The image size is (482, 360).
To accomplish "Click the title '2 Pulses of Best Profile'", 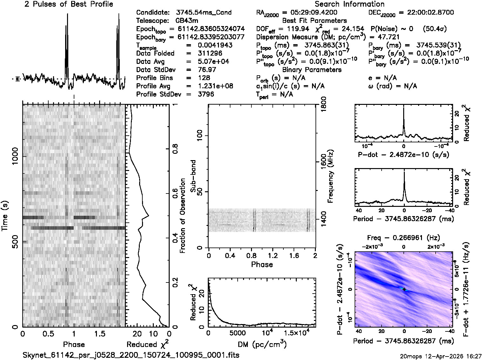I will coord(69,4).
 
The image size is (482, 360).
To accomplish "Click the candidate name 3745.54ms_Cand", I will coord(204,13).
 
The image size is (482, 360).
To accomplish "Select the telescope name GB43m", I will coord(187,21).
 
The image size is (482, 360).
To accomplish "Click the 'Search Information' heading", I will coord(350,4).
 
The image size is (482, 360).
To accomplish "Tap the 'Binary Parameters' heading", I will coord(312,70).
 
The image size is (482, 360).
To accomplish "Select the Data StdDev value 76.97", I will coord(207,70).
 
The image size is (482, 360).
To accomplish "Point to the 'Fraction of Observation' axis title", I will coord(183,216).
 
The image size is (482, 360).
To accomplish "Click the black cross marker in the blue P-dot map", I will coord(404,289).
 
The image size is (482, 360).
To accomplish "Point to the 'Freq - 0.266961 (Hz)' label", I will coord(404,238).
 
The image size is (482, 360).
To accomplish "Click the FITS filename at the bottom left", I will coord(131,355).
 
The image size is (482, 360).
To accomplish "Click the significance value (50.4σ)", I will coord(435,29).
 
